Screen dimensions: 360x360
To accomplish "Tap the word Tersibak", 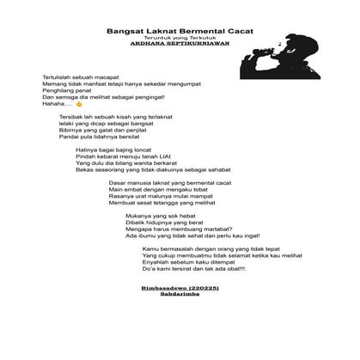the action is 73,115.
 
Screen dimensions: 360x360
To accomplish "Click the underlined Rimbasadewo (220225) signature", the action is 178,288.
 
